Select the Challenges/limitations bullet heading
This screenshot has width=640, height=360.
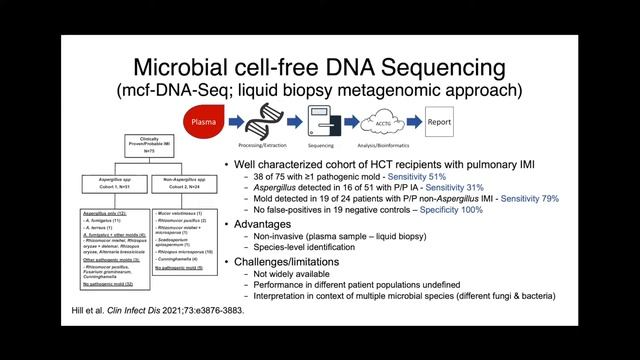pyautogui.click(x=301, y=275)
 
